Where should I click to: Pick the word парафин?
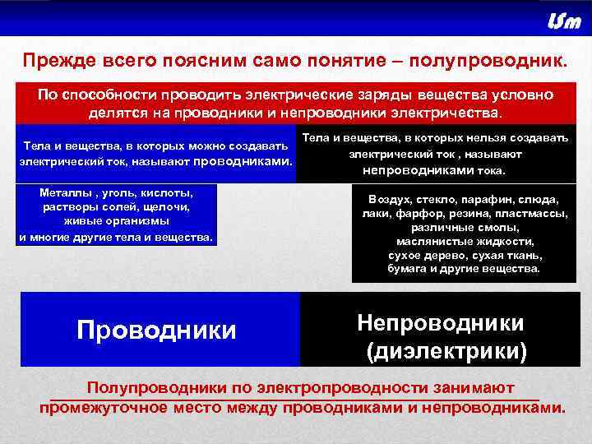pos(482,200)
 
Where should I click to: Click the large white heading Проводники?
pos(156,330)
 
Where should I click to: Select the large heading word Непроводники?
pos(441,322)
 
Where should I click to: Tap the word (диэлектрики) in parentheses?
pos(446,352)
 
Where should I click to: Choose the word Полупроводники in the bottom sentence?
pos(156,387)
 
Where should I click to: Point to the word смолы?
pos(499,227)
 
